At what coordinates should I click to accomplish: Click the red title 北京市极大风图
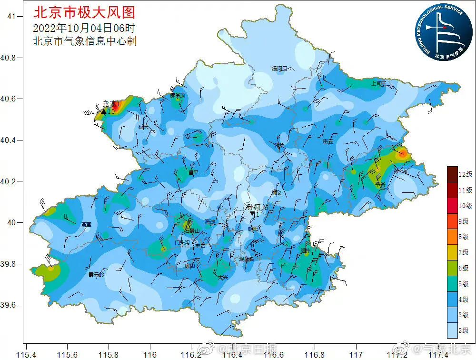pos(84,11)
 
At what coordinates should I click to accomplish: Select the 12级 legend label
pos(465,174)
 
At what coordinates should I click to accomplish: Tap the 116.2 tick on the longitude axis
pos(192,355)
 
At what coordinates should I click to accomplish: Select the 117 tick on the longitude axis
pos(356,355)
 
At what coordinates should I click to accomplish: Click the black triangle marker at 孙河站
pos(252,214)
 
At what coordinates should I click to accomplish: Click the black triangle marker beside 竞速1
pos(104,111)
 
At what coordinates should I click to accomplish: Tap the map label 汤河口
pos(280,69)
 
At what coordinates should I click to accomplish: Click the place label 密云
pos(328,141)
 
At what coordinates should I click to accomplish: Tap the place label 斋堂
pos(86,224)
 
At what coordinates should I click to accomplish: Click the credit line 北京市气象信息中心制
pos(84,41)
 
